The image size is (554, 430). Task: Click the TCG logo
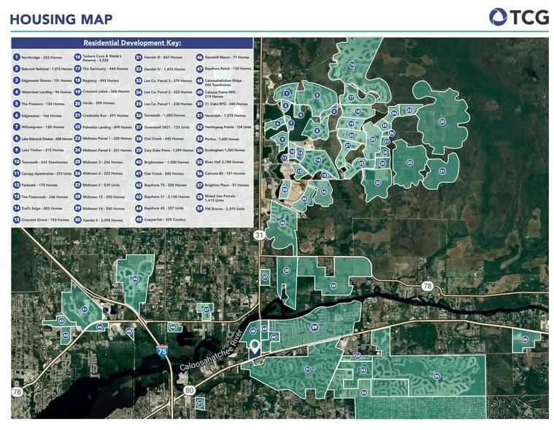[519, 17]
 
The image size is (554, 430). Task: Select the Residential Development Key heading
[132, 43]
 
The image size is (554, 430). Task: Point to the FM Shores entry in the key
[226, 208]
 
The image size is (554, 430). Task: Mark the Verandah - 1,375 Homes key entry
[226, 115]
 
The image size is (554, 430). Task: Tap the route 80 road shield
[191, 391]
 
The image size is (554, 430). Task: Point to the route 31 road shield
[258, 235]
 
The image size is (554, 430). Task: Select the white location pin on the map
[255, 347]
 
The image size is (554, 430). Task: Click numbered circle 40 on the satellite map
[135, 279]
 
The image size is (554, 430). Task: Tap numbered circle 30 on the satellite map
[442, 122]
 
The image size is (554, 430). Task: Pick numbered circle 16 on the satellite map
[352, 65]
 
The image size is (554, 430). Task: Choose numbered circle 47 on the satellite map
[207, 309]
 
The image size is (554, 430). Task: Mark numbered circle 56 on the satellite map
[525, 339]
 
